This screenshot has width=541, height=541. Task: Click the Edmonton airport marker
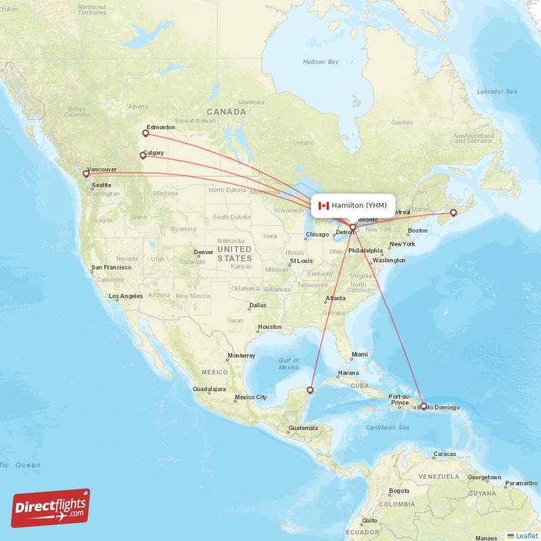pyautogui.click(x=145, y=133)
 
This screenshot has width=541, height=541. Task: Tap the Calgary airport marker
pyautogui.click(x=142, y=156)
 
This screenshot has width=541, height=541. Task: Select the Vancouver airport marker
pyautogui.click(x=86, y=174)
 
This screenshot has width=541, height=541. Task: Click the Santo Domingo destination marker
pyautogui.click(x=423, y=406)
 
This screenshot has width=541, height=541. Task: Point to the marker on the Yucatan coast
pyautogui.click(x=310, y=390)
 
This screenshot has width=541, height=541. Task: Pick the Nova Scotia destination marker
pyautogui.click(x=454, y=213)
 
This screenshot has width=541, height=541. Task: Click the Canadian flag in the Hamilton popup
pyautogui.click(x=323, y=206)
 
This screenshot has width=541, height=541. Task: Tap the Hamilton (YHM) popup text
pyautogui.click(x=360, y=206)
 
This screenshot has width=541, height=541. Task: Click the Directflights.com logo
pyautogui.click(x=51, y=508)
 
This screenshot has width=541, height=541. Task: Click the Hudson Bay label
pyautogui.click(x=320, y=62)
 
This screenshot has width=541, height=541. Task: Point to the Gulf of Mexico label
pyautogui.click(x=289, y=364)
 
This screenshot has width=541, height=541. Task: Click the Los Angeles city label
pyautogui.click(x=126, y=296)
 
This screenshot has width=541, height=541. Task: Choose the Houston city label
pyautogui.click(x=269, y=327)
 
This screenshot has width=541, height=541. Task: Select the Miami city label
pyautogui.click(x=359, y=354)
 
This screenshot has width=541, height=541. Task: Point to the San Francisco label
pyautogui.click(x=112, y=268)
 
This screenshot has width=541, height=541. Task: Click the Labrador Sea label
pyautogui.click(x=496, y=91)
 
